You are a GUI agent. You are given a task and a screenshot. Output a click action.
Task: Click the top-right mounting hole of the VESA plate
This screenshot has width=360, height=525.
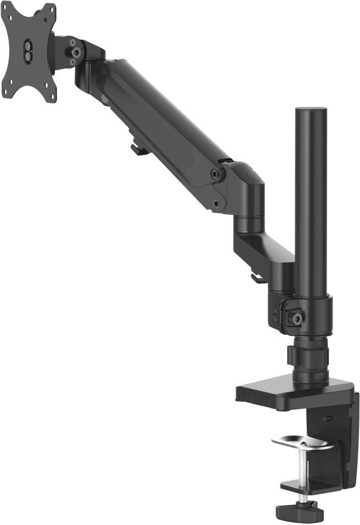[49, 11]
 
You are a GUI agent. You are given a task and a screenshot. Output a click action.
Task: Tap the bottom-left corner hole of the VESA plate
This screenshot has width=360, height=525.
[7, 93]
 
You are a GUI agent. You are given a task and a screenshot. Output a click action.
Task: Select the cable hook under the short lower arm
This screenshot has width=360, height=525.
[256, 278]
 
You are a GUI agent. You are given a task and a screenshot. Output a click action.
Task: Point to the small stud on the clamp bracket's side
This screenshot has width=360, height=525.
[327, 418]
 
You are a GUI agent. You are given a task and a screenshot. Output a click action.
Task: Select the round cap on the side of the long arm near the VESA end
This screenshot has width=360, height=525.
[102, 70]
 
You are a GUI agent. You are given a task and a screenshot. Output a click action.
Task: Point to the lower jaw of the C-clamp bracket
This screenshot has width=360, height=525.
[307, 485]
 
